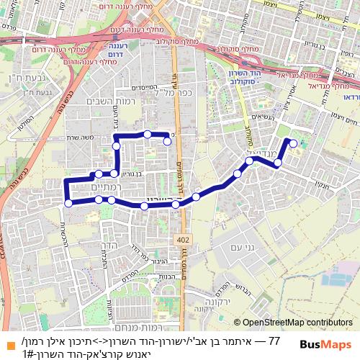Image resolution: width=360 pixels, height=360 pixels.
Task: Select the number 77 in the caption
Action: point(273,339)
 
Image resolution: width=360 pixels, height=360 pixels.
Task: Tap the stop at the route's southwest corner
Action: point(68,203)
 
